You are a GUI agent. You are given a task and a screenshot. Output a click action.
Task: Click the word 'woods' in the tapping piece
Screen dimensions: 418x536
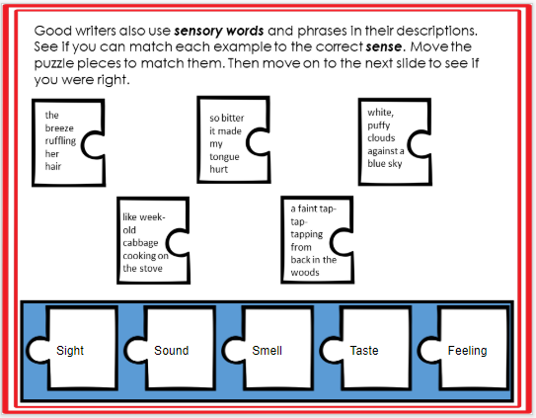pos(305,272)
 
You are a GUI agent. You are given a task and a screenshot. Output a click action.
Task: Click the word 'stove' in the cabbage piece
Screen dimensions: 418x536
pos(149,267)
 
